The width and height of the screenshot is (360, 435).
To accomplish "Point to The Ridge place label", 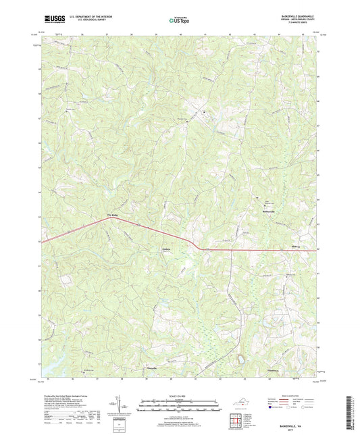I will (x=113, y=215).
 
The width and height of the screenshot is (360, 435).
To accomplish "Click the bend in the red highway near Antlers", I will (x=194, y=245).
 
